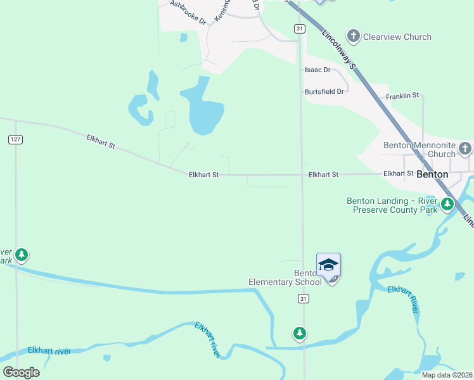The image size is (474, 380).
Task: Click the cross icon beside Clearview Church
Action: [x=354, y=36]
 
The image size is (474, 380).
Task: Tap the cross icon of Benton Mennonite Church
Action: [x=465, y=149]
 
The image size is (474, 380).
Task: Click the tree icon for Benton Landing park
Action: [x=447, y=204]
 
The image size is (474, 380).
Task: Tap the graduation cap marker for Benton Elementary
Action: [x=328, y=265]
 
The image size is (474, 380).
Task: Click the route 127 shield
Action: [x=16, y=139]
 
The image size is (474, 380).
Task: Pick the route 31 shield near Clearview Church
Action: [x=300, y=28]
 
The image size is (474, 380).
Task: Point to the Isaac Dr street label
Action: [x=317, y=70]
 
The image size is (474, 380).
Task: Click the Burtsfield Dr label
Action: [x=323, y=91]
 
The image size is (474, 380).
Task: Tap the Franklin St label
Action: [x=402, y=96]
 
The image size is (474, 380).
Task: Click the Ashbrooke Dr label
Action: [x=188, y=12]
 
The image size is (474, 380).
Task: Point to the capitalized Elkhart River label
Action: [x=404, y=299]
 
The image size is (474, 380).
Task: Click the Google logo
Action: [x=22, y=372]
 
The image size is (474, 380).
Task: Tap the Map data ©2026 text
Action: [x=446, y=374]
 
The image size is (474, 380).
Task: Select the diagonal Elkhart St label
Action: [x=101, y=141]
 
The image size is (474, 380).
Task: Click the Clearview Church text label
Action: [x=397, y=37]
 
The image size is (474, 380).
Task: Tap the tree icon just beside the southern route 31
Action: [x=299, y=332]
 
